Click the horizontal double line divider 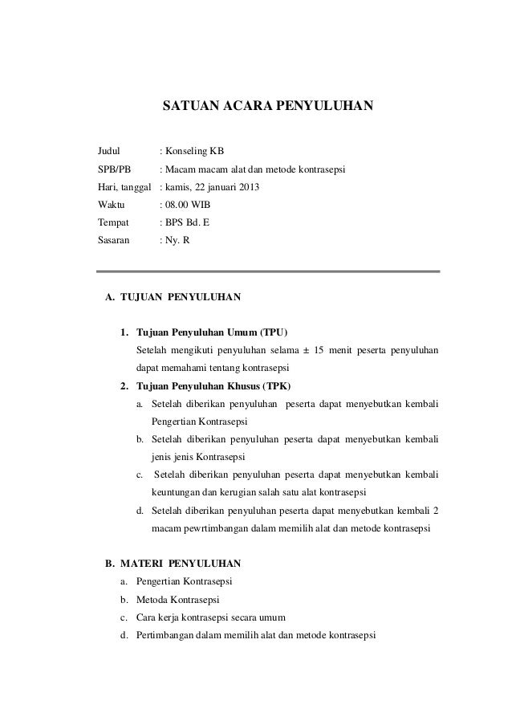pyautogui.click(x=268, y=273)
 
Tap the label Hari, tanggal pyautogui.click(x=124, y=187)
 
